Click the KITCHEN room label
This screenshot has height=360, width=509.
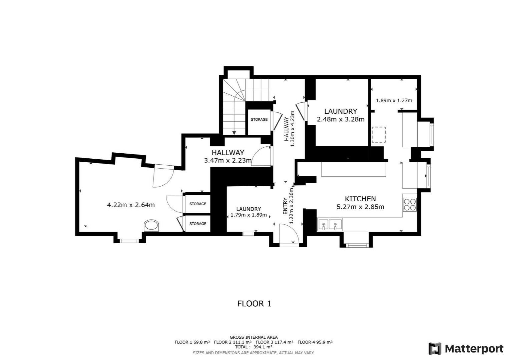pos(360,199)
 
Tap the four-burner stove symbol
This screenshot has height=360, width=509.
pos(410,205)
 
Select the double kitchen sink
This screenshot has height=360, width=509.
pos(330,224)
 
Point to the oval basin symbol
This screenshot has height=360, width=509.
pos(151,226)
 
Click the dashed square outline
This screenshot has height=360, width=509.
pos(379,135)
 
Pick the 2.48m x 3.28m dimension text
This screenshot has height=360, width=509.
pos(341,119)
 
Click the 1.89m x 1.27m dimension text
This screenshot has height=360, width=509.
pos(394,100)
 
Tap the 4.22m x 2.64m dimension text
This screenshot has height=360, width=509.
pos(131,205)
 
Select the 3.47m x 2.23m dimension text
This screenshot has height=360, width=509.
pos(228,161)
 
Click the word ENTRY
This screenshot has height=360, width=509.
pos(286,206)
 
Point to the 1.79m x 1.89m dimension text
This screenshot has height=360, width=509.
pos(248,215)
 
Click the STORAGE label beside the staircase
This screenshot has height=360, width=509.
pos(259,119)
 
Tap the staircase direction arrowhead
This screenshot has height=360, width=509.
pos(234,133)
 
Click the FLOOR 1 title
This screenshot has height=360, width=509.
pos(254,304)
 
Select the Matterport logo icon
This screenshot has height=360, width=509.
pos(435,349)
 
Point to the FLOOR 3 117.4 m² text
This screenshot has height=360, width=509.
pos(275,342)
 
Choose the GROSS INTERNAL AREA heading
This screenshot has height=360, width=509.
pos(253,337)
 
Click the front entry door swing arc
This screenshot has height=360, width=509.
pos(292,231)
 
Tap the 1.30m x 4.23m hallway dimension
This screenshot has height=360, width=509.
pos(293,129)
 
